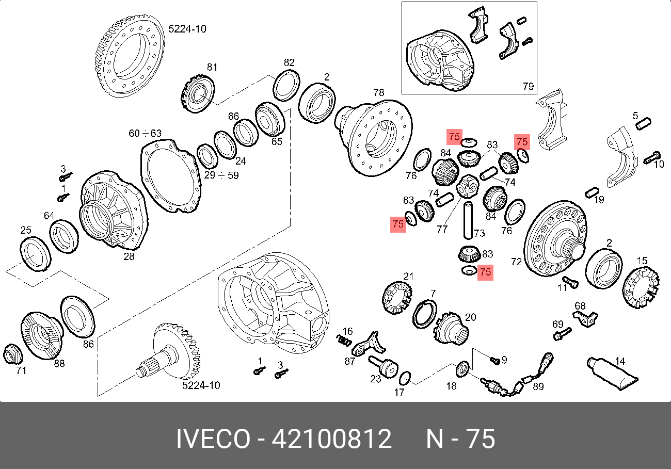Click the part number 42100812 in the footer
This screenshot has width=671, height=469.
coord(331,439)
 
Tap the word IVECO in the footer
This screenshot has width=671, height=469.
coord(213,439)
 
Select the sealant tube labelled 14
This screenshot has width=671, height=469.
coord(612,374)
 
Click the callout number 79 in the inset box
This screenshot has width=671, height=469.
coord(528,86)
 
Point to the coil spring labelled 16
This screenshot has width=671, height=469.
coord(344,340)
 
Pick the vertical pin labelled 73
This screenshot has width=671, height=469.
coord(468,221)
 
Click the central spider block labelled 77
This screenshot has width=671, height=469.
coord(468,186)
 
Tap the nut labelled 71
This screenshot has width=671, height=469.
coord(12,354)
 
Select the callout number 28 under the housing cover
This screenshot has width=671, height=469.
coord(129,256)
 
